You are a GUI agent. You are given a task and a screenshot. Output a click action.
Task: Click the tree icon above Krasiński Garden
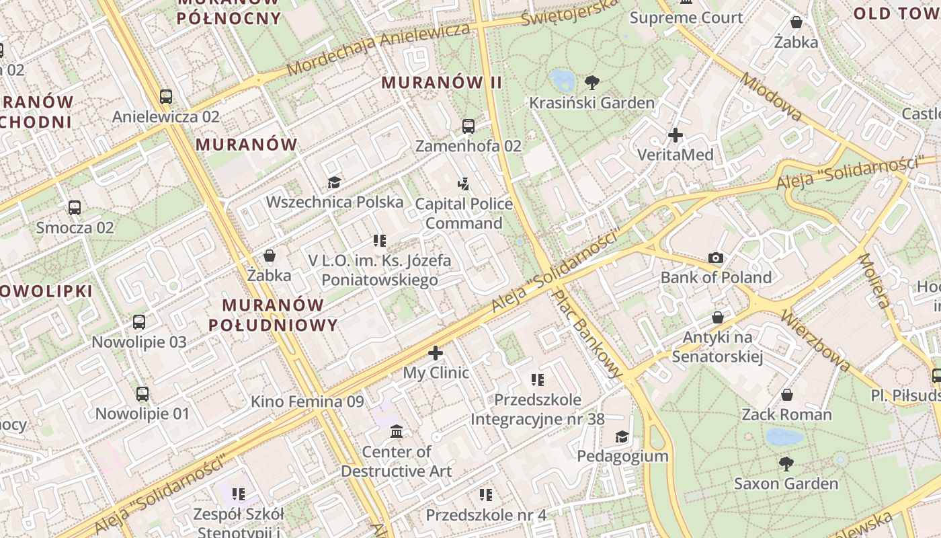coord(591,83)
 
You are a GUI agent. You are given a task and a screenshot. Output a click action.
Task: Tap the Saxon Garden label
coord(786,484)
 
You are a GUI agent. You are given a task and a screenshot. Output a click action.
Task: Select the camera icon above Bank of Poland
coord(716,258)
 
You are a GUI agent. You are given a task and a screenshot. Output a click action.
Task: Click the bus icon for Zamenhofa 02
coord(468,126)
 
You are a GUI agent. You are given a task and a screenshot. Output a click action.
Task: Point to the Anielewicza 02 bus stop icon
coord(166,96)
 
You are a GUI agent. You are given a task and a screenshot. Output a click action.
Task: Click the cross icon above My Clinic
coord(436,352)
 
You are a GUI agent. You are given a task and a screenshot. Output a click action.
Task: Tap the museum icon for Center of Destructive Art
coord(397,431)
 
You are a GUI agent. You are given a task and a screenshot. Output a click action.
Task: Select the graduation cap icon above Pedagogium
coord(622,436)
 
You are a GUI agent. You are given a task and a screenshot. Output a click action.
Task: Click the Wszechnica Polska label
coord(335,202)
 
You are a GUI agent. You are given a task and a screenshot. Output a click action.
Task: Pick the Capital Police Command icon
coord(463,184)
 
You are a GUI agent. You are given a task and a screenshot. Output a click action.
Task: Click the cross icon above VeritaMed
coord(676,135)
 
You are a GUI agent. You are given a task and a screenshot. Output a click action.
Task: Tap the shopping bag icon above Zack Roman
coord(786,395)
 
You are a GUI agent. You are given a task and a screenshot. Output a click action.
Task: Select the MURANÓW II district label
coord(442,83)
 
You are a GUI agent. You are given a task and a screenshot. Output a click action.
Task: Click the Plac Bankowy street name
coord(587,334)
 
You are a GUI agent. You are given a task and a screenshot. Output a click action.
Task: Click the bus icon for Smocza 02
coord(75,208)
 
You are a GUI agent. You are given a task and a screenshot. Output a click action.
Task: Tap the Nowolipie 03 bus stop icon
coord(139,322)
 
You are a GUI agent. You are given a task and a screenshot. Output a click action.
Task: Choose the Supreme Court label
coord(686,18)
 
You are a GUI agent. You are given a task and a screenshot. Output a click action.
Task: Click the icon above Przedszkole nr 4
coord(485,495)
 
